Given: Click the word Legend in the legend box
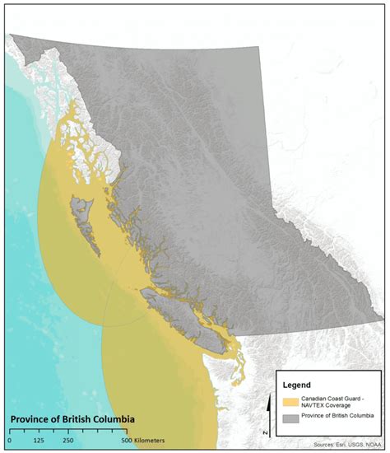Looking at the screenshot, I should pos(298,385).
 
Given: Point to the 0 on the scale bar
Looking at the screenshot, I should pos(9,441).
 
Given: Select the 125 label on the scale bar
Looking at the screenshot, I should pos(38,441).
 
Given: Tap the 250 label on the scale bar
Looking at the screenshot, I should pos(67,441).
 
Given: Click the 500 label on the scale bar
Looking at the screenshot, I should pos(126,441).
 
